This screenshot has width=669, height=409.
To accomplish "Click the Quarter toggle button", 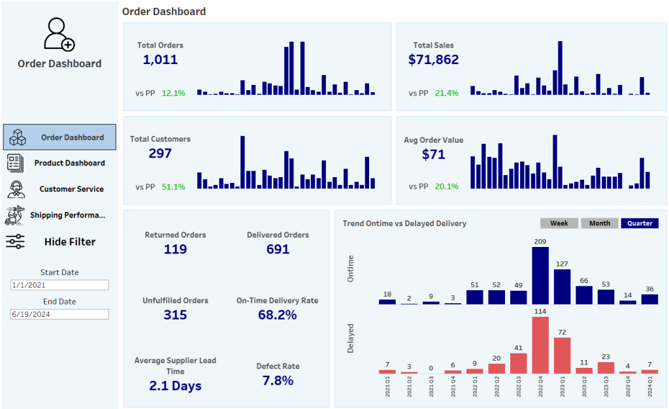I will click(x=640, y=223).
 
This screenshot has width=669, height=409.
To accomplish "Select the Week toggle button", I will click(x=559, y=223).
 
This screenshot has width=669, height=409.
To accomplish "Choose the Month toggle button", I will click(x=600, y=223).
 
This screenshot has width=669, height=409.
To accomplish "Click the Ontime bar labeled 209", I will click(x=540, y=276).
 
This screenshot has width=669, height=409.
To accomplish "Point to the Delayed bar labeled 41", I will click(x=518, y=363).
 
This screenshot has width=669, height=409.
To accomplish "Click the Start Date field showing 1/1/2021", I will click(x=59, y=286).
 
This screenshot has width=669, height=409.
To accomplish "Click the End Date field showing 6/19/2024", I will click(x=59, y=314).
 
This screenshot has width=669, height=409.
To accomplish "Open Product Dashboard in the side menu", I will click(x=69, y=163).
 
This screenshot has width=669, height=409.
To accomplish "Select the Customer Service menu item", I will click(x=71, y=189).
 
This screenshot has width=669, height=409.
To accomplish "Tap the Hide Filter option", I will click(x=69, y=242).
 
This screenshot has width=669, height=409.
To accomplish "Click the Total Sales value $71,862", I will click(x=433, y=60).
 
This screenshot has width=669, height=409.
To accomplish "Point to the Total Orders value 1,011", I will click(x=160, y=60).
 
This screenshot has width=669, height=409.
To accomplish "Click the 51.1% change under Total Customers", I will click(x=173, y=187).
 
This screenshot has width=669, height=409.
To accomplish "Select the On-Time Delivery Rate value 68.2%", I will click(x=278, y=315).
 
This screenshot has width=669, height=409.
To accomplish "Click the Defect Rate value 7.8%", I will click(x=278, y=380).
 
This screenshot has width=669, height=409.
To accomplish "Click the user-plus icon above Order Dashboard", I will click(x=59, y=35).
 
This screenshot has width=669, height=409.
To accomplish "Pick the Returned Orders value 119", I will click(x=175, y=250).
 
